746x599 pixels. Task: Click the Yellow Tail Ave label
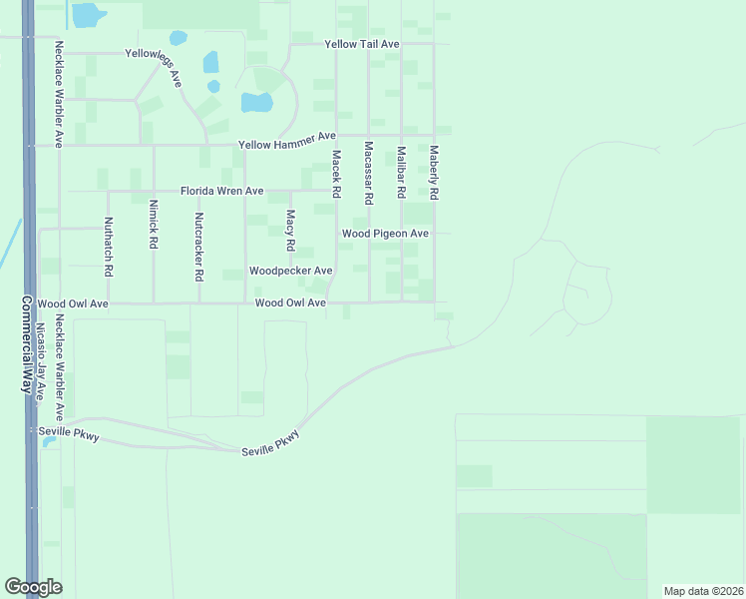[x=362, y=45]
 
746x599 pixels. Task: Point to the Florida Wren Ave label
[x=221, y=191]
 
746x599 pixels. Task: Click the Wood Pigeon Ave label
[x=385, y=234]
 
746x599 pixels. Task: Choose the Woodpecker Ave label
[x=290, y=271]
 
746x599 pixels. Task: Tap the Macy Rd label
[x=291, y=230]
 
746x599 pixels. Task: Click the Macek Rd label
[x=337, y=174]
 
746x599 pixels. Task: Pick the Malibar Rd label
[x=401, y=171]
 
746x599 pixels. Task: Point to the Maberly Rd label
[x=434, y=172]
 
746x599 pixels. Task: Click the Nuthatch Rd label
[x=108, y=248]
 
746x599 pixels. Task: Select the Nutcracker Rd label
[x=199, y=246]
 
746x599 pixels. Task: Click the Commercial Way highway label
[x=26, y=344]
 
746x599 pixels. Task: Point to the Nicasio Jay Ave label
[x=42, y=360]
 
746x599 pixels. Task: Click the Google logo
[x=33, y=587]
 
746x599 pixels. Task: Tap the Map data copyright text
[x=703, y=591]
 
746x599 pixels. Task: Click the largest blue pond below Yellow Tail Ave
[x=256, y=102]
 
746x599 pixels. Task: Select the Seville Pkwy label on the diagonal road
[x=270, y=445]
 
